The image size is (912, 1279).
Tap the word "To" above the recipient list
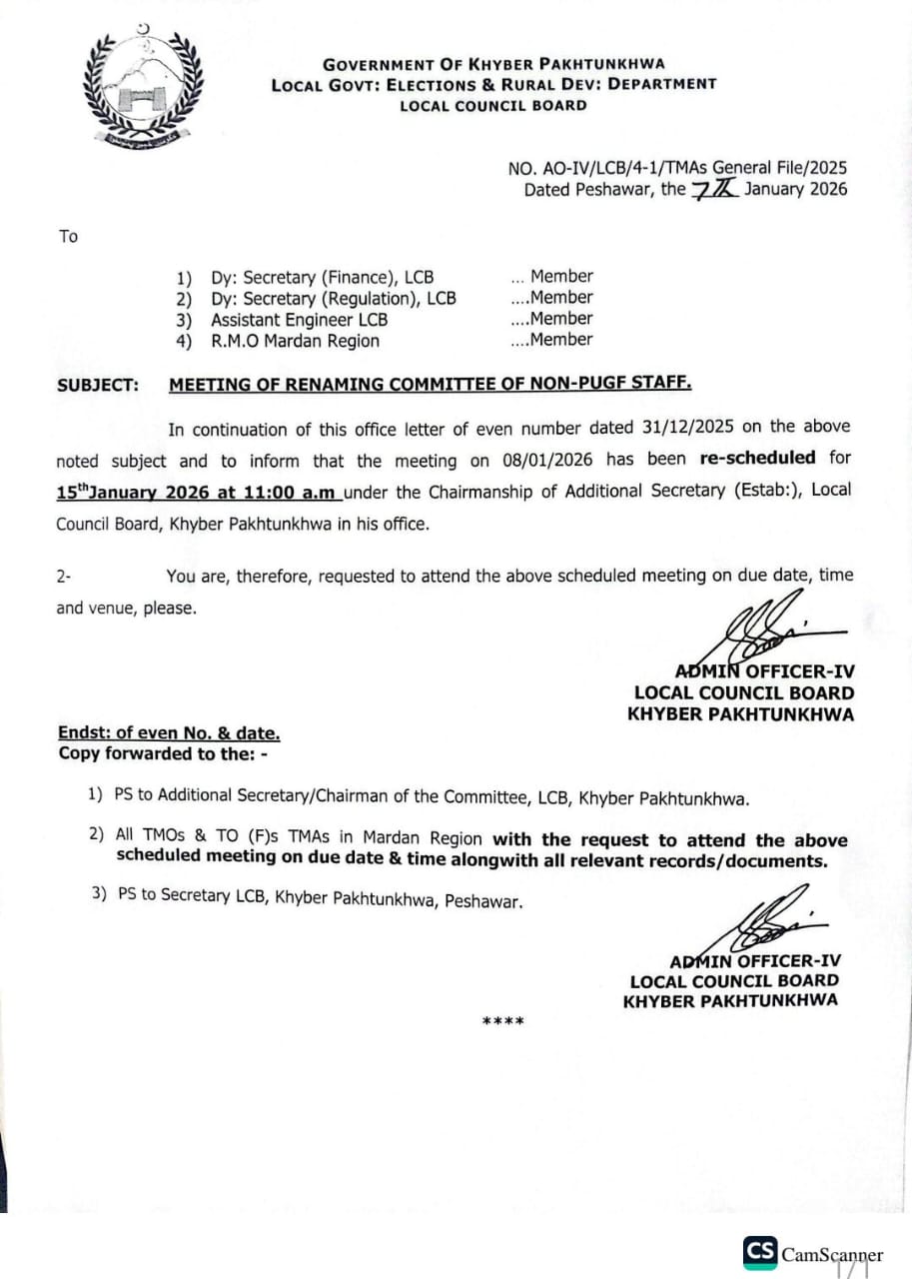[68, 237]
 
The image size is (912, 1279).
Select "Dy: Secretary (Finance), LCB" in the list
[322, 278]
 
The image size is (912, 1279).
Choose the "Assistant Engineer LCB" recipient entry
[299, 320]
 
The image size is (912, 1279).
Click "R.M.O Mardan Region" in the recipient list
[295, 341]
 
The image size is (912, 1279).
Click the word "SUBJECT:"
[98, 385]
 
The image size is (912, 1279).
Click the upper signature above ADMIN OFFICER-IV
[759, 626]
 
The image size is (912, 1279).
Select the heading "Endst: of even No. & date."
[169, 733]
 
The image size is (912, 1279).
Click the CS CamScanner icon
[759, 1252]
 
